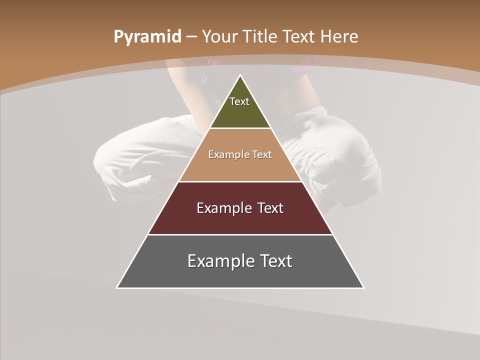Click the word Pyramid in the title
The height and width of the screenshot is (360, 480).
(x=147, y=37)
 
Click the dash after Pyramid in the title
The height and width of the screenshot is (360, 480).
(x=191, y=37)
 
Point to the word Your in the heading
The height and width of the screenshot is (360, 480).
(x=220, y=36)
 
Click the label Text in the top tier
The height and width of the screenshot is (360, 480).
(x=239, y=101)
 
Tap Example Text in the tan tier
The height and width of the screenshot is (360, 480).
(x=240, y=154)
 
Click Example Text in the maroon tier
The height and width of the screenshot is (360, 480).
(x=240, y=208)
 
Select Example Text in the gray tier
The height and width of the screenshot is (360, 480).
(x=240, y=261)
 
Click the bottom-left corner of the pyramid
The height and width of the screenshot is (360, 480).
(x=117, y=287)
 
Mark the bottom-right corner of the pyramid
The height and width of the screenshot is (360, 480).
(x=363, y=287)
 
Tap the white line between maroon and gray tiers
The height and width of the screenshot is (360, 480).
(x=240, y=234)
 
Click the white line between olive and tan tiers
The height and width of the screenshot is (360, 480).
(x=240, y=128)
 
